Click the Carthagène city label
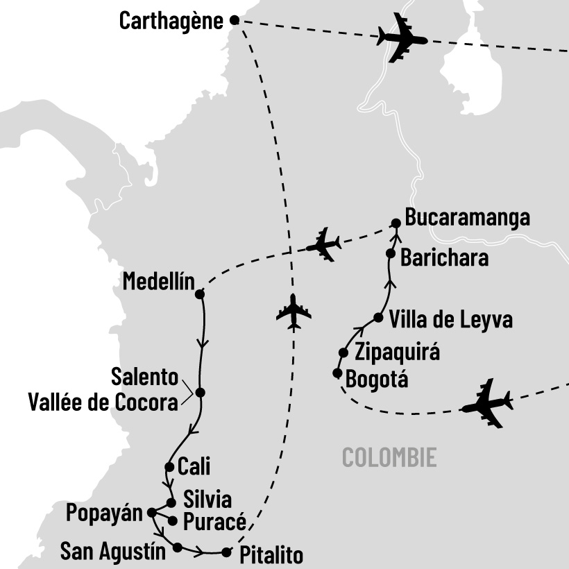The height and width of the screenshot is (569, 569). click(171, 21)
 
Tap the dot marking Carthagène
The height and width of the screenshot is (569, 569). click(234, 21)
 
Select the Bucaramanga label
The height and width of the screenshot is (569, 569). click(468, 218)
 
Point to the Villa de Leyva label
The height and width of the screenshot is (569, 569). click(451, 320)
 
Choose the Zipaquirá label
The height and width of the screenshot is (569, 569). click(397, 353)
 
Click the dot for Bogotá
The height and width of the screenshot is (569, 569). click(337, 373)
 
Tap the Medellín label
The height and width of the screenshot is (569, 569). click(155, 282)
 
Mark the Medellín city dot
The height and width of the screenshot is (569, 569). click(200, 294)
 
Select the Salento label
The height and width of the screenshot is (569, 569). click(144, 379)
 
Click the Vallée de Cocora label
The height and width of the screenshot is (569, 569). click(103, 402)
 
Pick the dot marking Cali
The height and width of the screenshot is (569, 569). click(169, 466)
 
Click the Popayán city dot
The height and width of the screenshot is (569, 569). click(151, 513)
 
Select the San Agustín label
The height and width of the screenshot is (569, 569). click(113, 552)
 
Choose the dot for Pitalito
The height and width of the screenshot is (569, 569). click(226, 552)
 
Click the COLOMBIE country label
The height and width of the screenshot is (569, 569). click(390, 458)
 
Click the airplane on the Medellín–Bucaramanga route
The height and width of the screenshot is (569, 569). click(323, 244)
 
